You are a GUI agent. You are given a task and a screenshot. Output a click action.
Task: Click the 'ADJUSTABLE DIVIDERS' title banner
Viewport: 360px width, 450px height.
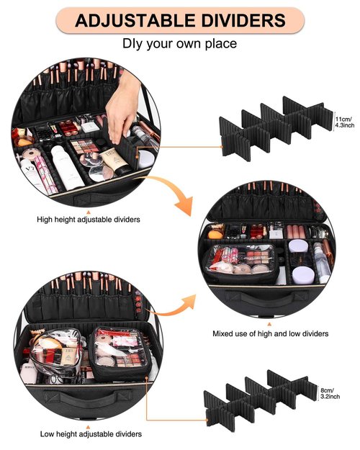pyautogui.click(x=179, y=19)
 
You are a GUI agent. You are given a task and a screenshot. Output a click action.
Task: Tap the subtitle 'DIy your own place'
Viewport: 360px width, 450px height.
pyautogui.click(x=179, y=44)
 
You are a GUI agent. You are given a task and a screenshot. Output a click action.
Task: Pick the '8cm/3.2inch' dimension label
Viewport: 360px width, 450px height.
pyautogui.click(x=330, y=392)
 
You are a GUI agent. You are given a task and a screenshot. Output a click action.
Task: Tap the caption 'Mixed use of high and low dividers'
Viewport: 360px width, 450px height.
pyautogui.click(x=271, y=333)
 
